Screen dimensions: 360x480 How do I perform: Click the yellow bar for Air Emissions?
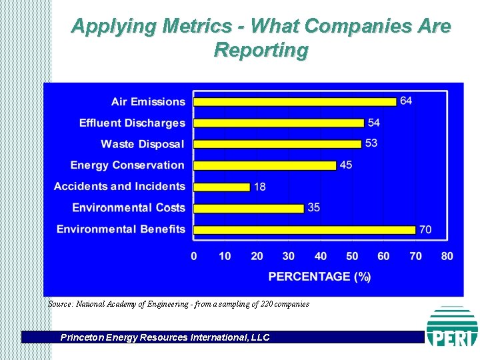point(295,101)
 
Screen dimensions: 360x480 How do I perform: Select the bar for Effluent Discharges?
point(279,123)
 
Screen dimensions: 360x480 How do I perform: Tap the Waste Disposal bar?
point(277,144)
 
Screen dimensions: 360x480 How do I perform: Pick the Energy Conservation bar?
point(265,165)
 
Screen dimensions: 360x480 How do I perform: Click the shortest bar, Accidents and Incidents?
point(222,187)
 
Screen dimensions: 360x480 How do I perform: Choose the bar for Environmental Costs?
point(249,208)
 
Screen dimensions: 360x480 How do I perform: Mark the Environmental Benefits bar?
point(304,229)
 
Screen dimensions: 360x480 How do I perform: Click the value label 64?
point(406,101)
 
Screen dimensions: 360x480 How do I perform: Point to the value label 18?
point(259,187)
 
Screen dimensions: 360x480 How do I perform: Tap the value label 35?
point(313,207)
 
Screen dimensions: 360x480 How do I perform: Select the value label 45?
point(346,165)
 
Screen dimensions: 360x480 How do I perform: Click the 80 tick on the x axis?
point(447,256)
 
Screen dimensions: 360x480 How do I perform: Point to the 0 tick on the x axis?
point(194,256)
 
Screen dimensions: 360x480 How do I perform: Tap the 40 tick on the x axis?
point(321,256)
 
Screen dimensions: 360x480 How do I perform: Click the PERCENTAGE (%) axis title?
point(319,277)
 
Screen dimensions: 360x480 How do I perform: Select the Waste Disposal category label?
point(142,144)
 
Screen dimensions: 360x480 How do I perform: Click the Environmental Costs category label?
point(128,208)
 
